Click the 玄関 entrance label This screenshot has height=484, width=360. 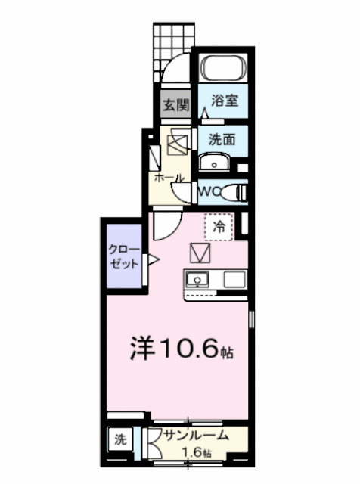[x=172, y=105]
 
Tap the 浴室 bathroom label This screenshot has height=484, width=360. [x=225, y=101]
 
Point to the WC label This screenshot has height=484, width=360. [x=209, y=192]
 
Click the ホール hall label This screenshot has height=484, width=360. [x=169, y=178]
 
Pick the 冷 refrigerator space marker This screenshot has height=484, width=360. [x=220, y=225]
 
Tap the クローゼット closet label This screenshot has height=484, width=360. [x=124, y=257]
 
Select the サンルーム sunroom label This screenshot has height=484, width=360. [x=196, y=436]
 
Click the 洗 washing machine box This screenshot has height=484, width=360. [x=119, y=439]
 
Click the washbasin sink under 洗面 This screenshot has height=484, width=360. [x=216, y=163]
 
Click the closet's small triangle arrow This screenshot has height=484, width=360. [x=152, y=261]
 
